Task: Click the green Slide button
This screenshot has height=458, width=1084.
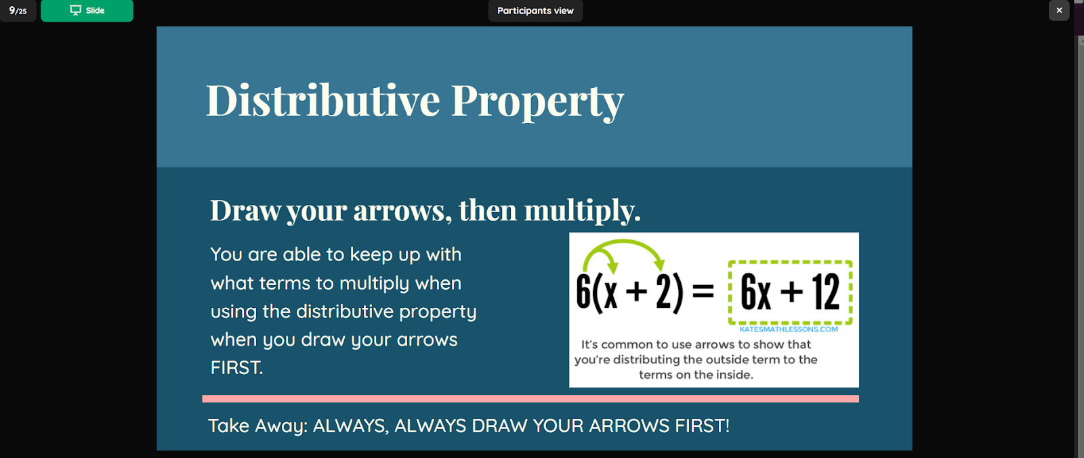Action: (x=87, y=11)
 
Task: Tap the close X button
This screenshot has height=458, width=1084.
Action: (x=1060, y=10)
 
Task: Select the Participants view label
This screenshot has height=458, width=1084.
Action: (x=535, y=11)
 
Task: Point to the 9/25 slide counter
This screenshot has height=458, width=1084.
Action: (x=18, y=11)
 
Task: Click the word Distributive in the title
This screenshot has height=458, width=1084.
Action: (x=323, y=100)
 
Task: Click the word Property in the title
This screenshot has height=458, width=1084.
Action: (x=538, y=101)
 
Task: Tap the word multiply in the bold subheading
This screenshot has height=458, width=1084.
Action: (x=582, y=210)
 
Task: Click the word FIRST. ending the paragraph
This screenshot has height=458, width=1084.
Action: (x=236, y=367)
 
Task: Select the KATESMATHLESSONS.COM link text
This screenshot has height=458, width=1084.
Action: (x=789, y=329)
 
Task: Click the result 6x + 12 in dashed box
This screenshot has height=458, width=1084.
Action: (x=790, y=292)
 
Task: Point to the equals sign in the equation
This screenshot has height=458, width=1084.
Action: (x=703, y=292)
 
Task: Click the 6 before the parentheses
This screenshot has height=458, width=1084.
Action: (x=583, y=292)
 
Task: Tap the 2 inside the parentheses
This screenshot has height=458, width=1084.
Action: (x=664, y=292)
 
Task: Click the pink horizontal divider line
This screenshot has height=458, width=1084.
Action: (x=530, y=398)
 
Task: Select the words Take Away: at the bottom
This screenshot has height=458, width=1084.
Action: (x=258, y=426)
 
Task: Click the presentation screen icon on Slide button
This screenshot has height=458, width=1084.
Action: (x=75, y=11)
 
